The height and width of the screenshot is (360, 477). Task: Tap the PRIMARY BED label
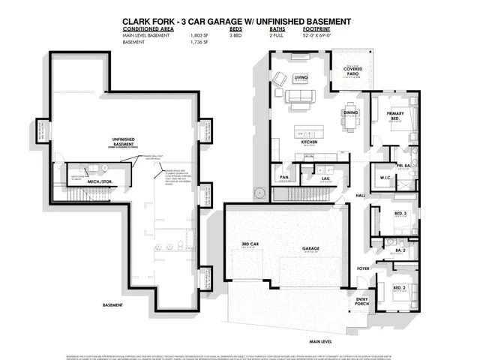pos(396,115)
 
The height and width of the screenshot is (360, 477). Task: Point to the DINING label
pos(350,112)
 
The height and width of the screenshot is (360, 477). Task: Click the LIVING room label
pos(301,77)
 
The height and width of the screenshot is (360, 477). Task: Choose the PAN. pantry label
pos(285,177)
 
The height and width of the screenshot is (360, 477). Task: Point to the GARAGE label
pos(311,248)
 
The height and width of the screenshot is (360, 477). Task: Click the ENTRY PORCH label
pos(363,301)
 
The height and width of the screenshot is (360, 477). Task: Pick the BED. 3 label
pos(400,214)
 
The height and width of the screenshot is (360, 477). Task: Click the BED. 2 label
pos(400,287)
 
